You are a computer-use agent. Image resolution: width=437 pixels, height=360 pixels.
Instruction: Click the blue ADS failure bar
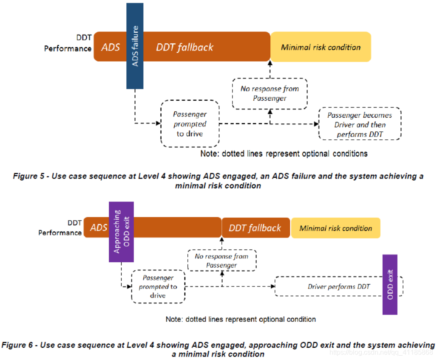(x=135, y=46)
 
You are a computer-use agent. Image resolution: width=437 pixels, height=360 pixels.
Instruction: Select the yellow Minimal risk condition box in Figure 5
(x=321, y=47)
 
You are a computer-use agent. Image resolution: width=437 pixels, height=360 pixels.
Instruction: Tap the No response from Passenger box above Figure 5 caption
(x=270, y=94)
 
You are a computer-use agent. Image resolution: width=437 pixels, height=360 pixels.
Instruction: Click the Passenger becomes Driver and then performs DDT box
(x=360, y=125)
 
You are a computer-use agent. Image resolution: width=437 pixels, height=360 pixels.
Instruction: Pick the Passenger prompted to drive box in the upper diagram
(x=190, y=124)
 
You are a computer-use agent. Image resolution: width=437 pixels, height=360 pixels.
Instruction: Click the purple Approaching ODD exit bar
(x=122, y=231)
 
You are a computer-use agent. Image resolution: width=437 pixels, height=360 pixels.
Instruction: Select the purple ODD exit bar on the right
(x=390, y=284)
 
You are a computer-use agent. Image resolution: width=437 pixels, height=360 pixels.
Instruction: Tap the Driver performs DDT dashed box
(x=339, y=287)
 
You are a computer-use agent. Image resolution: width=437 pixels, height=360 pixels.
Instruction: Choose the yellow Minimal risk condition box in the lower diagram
(x=335, y=228)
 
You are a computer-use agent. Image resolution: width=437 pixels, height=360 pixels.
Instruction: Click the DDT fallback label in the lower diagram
(x=255, y=228)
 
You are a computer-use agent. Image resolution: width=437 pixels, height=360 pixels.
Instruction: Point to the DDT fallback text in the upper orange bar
(x=184, y=47)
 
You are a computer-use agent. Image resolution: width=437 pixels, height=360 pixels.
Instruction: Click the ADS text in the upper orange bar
(x=111, y=47)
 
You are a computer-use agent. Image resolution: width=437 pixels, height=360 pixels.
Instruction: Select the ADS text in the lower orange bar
(x=99, y=228)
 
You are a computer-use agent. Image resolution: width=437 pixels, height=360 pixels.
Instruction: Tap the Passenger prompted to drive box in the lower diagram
(x=158, y=287)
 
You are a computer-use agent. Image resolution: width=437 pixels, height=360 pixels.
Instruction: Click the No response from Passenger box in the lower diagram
(x=221, y=261)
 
